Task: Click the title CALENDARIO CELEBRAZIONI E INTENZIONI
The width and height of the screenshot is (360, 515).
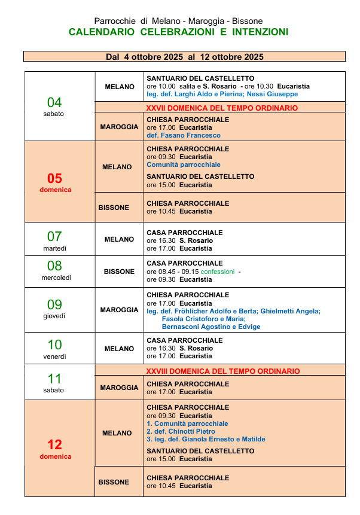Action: click(x=178, y=32)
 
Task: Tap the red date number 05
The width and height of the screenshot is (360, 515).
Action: click(x=55, y=178)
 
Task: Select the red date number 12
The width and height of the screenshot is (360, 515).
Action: click(x=55, y=444)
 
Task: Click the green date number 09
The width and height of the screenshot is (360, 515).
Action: click(x=55, y=304)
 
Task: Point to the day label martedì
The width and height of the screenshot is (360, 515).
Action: click(x=55, y=248)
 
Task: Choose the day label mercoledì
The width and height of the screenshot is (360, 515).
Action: click(x=55, y=278)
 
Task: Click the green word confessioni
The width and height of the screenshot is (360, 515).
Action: click(x=218, y=272)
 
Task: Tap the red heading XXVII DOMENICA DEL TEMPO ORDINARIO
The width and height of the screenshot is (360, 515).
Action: click(x=222, y=108)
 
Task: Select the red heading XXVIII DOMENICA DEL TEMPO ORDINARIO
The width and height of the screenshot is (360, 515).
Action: click(x=223, y=371)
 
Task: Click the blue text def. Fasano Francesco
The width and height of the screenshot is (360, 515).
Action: click(x=184, y=135)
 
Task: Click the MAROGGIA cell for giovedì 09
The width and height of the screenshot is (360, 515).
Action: click(x=119, y=310)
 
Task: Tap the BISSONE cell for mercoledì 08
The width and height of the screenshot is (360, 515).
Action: click(x=119, y=272)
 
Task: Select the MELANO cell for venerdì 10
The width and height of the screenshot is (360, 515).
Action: click(x=119, y=349)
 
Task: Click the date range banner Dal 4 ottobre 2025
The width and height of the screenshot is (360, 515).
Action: click(x=184, y=57)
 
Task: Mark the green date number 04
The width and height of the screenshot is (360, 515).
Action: click(x=55, y=102)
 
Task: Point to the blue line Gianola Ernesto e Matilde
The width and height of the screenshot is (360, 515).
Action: click(x=206, y=439)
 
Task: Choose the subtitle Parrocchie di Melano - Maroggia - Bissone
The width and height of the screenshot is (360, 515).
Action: click(x=178, y=21)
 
